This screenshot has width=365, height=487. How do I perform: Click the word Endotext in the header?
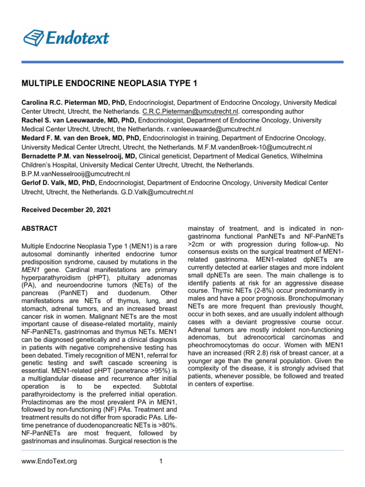[x=77, y=37]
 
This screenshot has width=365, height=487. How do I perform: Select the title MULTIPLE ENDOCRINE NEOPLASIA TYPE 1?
[x=109, y=84]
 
